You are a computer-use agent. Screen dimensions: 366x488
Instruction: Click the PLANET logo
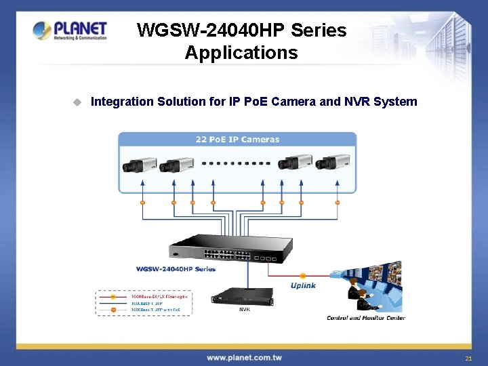pyautogui.click(x=70, y=30)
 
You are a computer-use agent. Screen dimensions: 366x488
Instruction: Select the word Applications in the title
pyautogui.click(x=241, y=53)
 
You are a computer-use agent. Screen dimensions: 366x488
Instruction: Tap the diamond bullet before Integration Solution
pyautogui.click(x=77, y=102)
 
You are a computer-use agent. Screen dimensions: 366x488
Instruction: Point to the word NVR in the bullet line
pyautogui.click(x=359, y=102)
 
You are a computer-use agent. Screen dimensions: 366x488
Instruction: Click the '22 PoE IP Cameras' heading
pyautogui.click(x=237, y=140)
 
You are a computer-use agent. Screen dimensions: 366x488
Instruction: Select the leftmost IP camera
pyautogui.click(x=139, y=165)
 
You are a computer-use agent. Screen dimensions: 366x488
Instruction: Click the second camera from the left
pyautogui.click(x=176, y=165)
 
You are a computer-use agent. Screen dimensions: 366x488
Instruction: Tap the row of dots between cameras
pyautogui.click(x=237, y=163)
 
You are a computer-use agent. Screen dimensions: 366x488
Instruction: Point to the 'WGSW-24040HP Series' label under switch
pyautogui.click(x=175, y=269)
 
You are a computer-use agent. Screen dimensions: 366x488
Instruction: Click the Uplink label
pyautogui.click(x=303, y=285)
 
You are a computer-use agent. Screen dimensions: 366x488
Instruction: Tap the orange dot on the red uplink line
pyautogui.click(x=303, y=276)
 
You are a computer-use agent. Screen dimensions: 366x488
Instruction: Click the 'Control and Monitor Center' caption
pyautogui.click(x=366, y=318)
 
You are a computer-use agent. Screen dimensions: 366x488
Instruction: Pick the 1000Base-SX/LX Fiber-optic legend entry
pyautogui.click(x=159, y=297)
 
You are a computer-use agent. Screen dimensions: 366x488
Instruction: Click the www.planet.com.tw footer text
pyautogui.click(x=244, y=357)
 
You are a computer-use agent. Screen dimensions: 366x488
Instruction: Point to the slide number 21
pyautogui.click(x=468, y=358)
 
